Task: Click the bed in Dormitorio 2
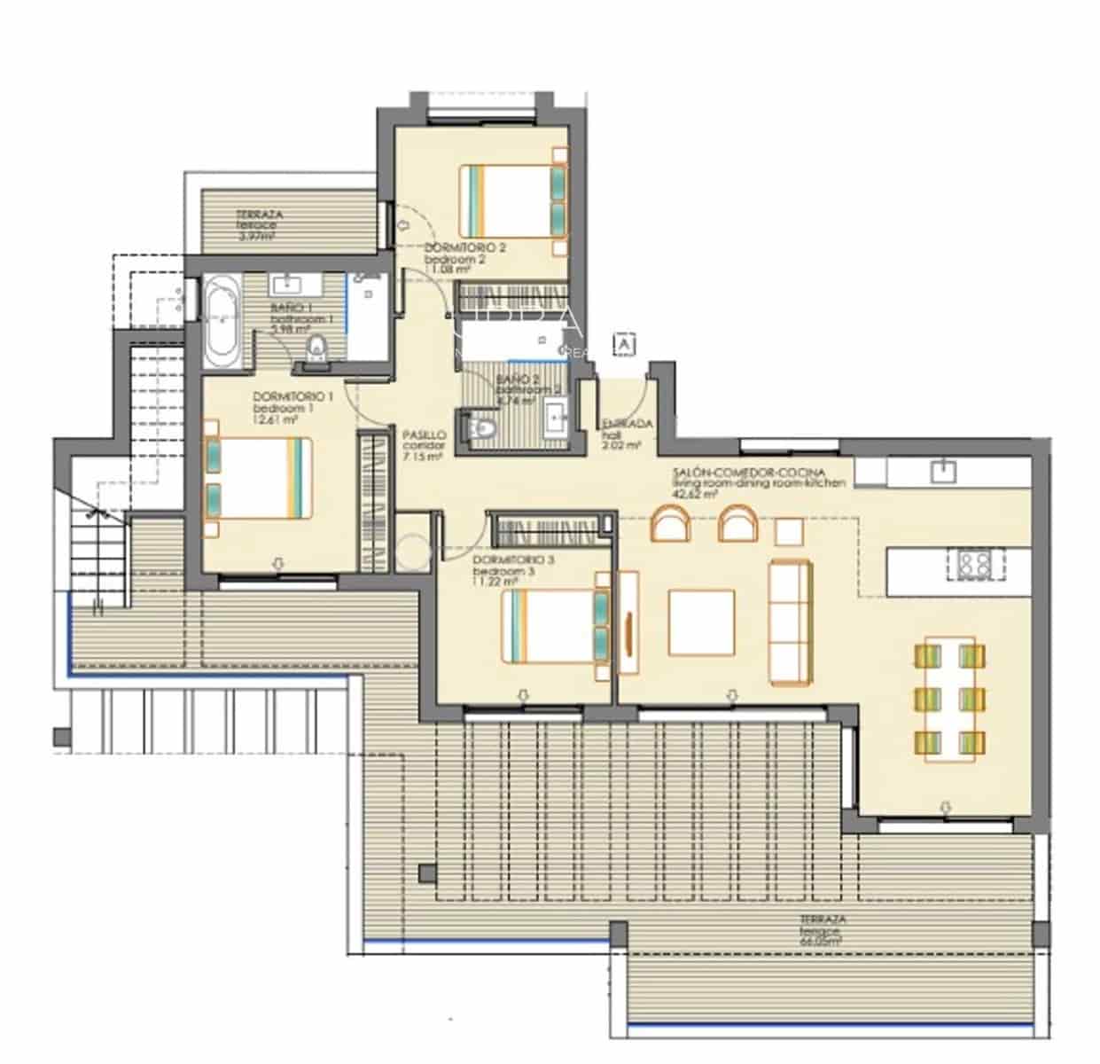512,201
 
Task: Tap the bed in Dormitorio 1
258,477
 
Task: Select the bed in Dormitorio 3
555,626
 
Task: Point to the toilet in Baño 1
316,347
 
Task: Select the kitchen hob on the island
974,564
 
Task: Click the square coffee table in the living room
700,622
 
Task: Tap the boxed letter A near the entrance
625,343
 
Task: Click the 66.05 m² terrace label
822,931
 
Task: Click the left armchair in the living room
670,523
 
